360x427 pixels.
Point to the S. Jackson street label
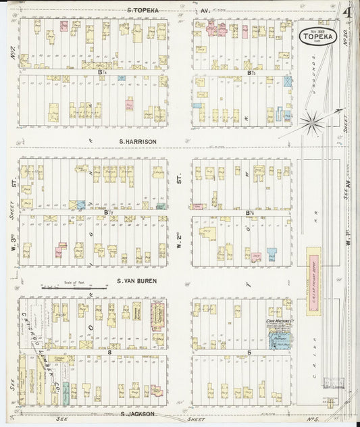pos(137,413)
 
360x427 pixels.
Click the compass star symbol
pos(311,122)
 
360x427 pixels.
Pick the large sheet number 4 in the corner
pos(345,11)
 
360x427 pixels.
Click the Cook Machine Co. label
pos(278,321)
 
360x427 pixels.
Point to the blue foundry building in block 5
pos(279,341)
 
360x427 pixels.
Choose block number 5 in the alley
pos(249,351)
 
